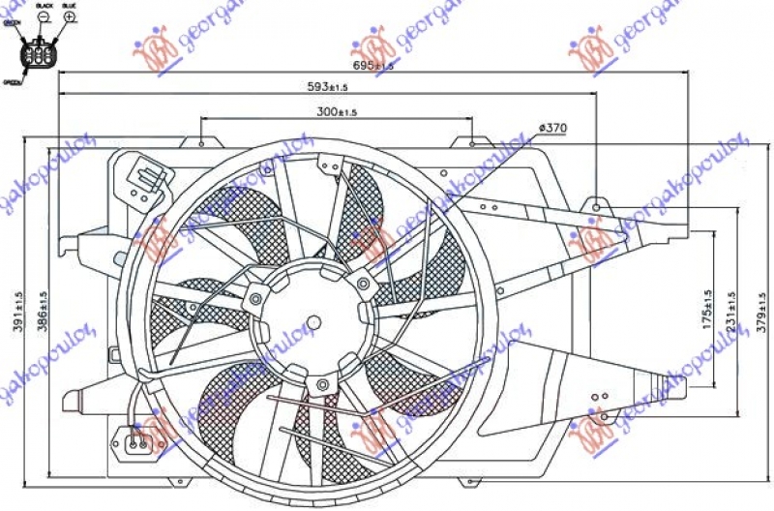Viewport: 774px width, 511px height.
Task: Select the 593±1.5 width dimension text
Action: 328,88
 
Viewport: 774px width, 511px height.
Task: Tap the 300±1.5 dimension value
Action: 337,112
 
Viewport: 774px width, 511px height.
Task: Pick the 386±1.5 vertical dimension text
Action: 44,311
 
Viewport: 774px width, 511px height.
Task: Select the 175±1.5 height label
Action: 707,310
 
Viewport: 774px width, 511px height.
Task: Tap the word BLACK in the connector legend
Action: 43,6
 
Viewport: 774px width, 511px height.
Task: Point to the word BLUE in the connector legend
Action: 69,6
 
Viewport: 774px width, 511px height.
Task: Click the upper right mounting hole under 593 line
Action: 597,206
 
